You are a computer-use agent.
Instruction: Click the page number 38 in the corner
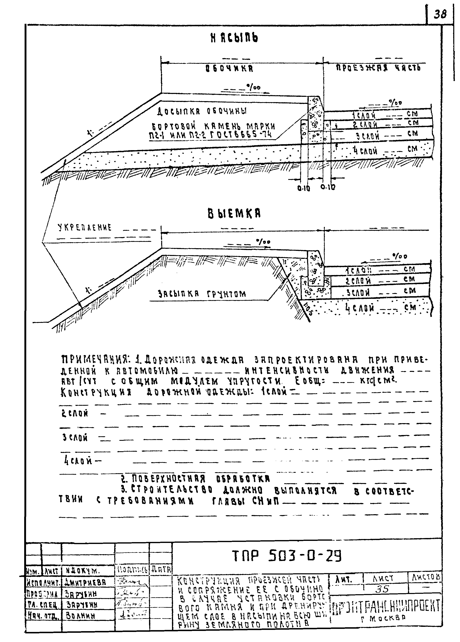point(440,14)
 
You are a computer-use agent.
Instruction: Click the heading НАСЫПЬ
point(234,38)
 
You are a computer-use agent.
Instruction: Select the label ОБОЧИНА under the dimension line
point(229,68)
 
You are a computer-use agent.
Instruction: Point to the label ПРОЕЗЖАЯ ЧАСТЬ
point(378,68)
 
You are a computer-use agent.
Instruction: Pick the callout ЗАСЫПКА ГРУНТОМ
point(202,294)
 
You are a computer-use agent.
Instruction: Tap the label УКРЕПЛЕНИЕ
point(85,227)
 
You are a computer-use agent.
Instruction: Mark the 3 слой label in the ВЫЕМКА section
point(359,293)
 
